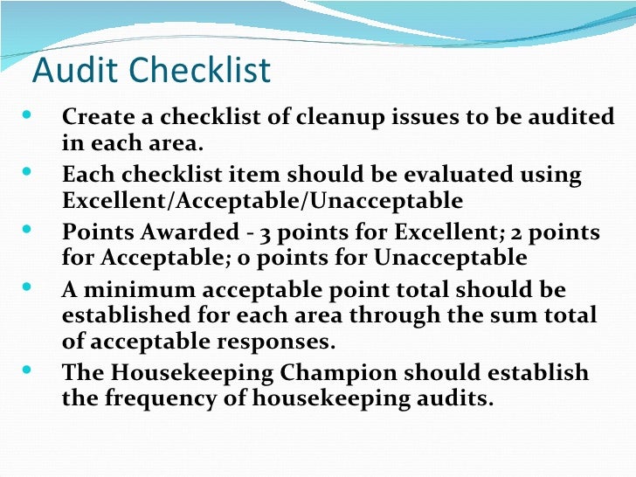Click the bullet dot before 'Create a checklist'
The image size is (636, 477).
pos(23,114)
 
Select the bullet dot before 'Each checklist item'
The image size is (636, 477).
pos(23,171)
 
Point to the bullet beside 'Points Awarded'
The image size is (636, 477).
pos(23,229)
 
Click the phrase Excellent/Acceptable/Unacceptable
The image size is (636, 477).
pos(262,201)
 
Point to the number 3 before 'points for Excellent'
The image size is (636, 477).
pos(270,233)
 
